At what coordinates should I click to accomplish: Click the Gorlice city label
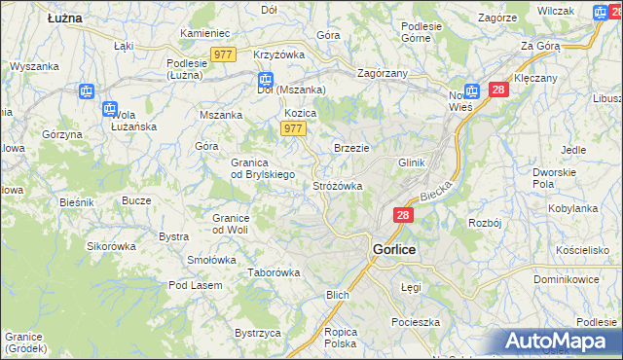395,249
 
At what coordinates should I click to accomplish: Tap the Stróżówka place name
338,186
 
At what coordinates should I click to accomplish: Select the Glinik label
413,162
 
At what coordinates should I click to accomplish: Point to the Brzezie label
351,147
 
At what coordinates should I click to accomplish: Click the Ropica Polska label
341,338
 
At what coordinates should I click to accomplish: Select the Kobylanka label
572,208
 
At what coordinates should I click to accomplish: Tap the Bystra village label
173,236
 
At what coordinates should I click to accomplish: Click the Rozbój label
484,222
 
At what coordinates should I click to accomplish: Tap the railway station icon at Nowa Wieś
472,91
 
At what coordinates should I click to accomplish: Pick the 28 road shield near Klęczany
498,90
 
